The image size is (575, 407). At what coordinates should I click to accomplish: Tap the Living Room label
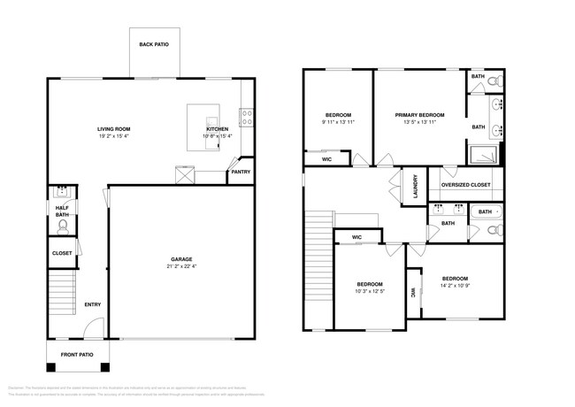click(x=114, y=129)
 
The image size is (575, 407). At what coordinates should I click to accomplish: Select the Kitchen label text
click(x=218, y=129)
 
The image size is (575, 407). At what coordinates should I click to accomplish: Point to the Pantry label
click(x=241, y=172)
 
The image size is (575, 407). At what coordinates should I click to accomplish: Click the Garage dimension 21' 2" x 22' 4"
click(x=181, y=266)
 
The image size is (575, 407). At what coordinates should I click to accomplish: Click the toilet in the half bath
click(x=63, y=227)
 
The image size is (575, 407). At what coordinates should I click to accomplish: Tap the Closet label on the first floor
click(x=62, y=253)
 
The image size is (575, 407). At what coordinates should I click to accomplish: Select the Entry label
click(x=92, y=305)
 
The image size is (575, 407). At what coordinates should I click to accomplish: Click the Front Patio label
click(x=77, y=355)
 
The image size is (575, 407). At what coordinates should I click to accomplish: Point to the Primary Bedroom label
click(x=419, y=115)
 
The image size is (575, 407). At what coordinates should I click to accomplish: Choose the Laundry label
click(x=414, y=187)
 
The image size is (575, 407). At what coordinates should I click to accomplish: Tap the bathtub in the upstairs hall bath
click(x=486, y=211)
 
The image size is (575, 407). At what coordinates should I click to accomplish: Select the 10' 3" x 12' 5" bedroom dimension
click(x=370, y=291)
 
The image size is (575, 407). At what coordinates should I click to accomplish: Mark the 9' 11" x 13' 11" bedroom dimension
click(x=338, y=122)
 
